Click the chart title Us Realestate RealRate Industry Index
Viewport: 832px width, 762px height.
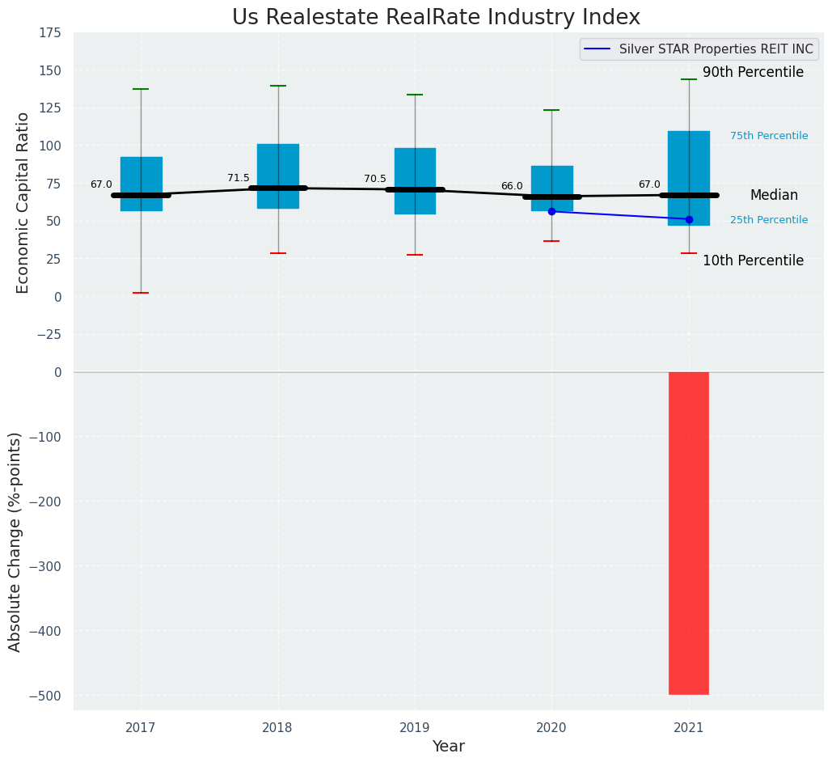pos(436,18)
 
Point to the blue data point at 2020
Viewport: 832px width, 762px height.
pos(552,211)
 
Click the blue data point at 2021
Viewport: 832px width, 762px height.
pos(689,219)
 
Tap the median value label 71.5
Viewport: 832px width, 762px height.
pos(239,178)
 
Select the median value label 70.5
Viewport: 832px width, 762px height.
pos(375,179)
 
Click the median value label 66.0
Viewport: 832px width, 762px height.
pos(512,186)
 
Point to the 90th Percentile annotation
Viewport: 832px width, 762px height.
pos(753,73)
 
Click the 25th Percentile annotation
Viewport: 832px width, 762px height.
pos(769,220)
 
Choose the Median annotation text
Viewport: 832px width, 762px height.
pos(774,196)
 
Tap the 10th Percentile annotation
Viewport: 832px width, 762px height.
pos(753,261)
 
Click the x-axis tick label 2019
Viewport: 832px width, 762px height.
pos(415,728)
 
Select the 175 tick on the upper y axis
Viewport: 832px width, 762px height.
pos(50,32)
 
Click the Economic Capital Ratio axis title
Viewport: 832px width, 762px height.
pos(23,202)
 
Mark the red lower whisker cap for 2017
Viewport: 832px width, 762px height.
pos(141,293)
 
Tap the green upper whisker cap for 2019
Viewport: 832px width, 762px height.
pos(415,95)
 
